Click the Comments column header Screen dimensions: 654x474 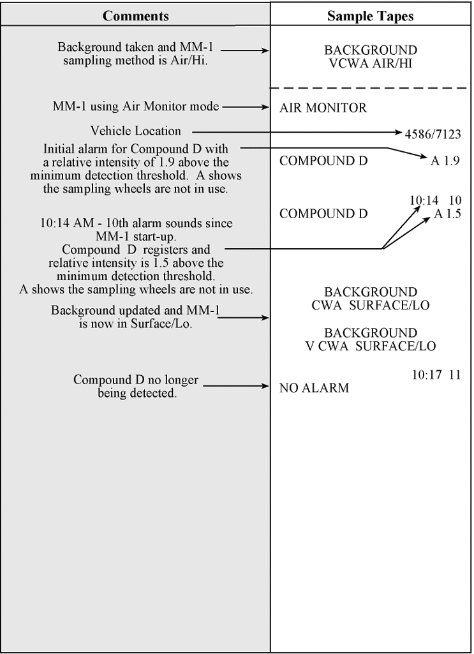coord(135,16)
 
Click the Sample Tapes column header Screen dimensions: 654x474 coord(370,16)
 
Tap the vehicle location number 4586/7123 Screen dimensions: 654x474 coord(433,134)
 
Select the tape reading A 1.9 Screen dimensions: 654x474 coord(445,161)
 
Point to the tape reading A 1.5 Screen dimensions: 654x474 coord(447,214)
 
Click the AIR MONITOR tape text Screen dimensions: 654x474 coord(323,108)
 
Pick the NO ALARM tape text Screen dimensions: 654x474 coord(314,387)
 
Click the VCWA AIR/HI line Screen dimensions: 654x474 coord(370,63)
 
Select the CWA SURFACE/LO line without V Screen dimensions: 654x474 coord(370,305)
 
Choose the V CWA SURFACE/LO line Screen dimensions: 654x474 coord(370,346)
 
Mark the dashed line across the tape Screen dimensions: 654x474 coord(371,87)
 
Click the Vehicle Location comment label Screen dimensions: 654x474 coord(136,131)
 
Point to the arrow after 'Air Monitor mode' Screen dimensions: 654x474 coord(246,107)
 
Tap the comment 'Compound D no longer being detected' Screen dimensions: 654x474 coord(136,387)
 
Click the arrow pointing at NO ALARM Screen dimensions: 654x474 coord(236,386)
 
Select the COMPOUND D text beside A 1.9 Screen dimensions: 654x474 coord(323,161)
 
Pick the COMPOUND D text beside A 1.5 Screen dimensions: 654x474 coord(323,214)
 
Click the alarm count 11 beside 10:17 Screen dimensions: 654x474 coord(454,375)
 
